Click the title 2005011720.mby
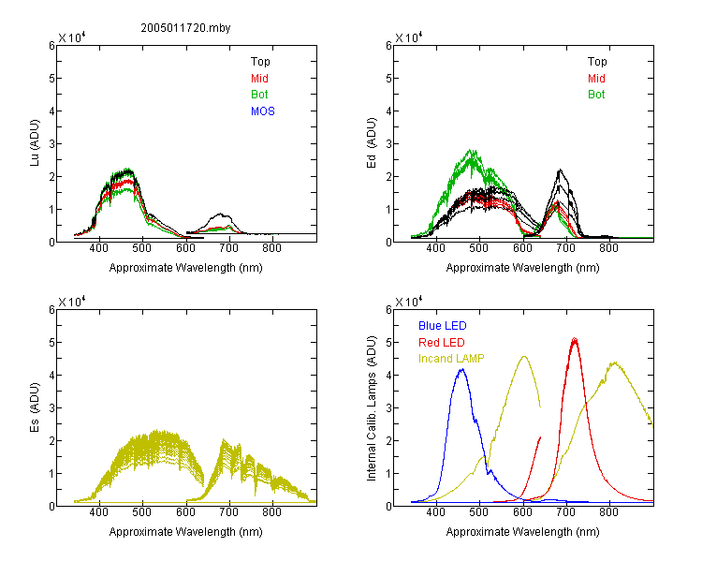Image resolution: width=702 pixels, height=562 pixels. [x=185, y=28]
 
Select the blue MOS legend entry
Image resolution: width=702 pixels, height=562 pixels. [x=262, y=111]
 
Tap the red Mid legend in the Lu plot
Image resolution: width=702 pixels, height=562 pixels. [x=259, y=79]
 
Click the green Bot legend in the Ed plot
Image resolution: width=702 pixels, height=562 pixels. [x=596, y=95]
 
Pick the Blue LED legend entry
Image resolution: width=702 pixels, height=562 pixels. [x=443, y=326]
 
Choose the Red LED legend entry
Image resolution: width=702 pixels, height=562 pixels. [x=442, y=343]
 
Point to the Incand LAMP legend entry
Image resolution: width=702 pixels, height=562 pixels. [x=451, y=359]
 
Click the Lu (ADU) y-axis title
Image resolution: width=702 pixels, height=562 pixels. [x=35, y=143]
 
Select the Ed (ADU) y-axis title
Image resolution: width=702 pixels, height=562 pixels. [x=372, y=143]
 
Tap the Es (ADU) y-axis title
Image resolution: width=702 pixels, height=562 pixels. [x=35, y=407]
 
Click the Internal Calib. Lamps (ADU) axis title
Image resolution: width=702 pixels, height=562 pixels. [x=372, y=408]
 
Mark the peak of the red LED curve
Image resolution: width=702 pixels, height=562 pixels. [x=575, y=339]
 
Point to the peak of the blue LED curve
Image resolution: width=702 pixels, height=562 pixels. [x=462, y=369]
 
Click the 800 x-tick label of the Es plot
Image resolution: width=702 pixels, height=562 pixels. [x=271, y=512]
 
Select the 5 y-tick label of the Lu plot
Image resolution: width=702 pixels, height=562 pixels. [x=51, y=79]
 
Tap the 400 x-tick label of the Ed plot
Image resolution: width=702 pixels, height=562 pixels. [x=435, y=248]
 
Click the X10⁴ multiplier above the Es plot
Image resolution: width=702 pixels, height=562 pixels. [x=72, y=302]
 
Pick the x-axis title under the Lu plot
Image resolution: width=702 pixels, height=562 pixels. [x=186, y=268]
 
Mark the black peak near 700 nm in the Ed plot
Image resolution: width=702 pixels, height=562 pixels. [x=560, y=170]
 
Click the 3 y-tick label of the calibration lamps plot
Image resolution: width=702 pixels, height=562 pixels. [x=388, y=408]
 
